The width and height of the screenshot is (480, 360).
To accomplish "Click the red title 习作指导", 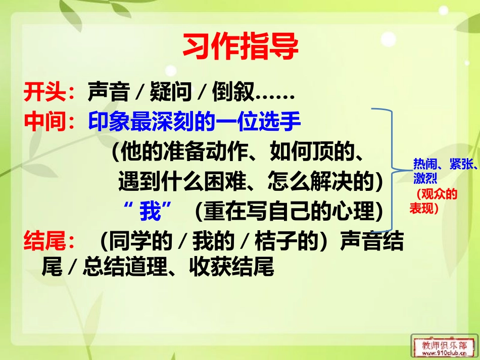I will (x=240, y=47).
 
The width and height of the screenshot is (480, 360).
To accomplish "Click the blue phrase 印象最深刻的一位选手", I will (x=195, y=122).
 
